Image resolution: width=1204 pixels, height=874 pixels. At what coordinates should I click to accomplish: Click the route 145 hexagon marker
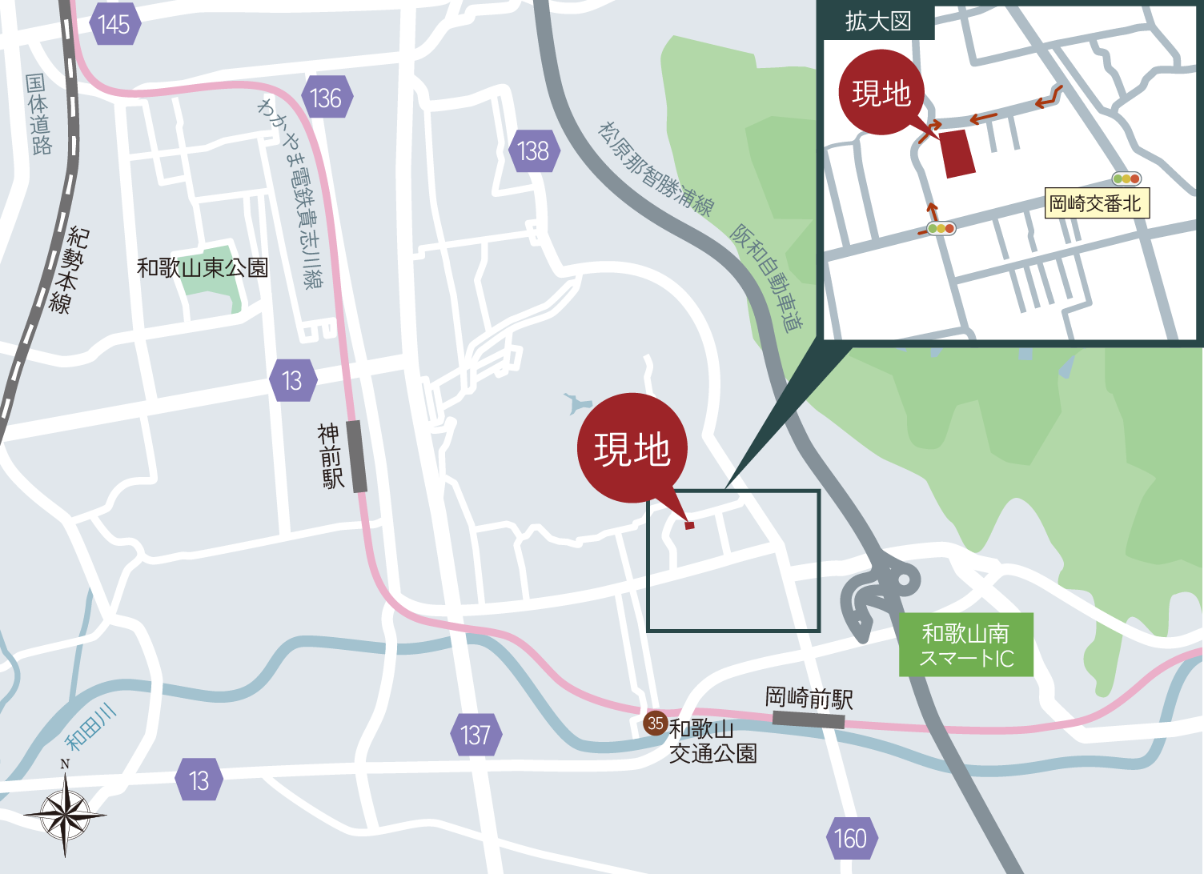114,25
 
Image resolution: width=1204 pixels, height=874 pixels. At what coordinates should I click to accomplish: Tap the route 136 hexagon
326,98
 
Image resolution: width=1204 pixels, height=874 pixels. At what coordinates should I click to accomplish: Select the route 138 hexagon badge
533,150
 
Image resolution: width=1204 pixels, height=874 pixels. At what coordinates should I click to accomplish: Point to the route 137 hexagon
476,735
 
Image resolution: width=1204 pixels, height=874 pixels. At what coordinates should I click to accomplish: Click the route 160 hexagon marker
850,838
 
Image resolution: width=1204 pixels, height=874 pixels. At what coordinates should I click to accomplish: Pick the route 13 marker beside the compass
199,780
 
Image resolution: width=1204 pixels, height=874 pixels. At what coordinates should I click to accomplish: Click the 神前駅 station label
330,456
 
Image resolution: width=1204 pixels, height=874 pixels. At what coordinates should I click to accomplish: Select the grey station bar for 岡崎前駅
809,720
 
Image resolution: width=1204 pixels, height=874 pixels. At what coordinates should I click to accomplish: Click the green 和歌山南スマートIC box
965,645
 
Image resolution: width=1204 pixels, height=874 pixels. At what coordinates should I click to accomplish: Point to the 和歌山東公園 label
202,267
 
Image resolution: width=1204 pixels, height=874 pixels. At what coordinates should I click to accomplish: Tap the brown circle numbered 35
656,724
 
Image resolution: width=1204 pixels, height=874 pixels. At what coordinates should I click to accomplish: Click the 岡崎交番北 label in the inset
1095,204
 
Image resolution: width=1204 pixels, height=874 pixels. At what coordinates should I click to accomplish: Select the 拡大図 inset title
878,22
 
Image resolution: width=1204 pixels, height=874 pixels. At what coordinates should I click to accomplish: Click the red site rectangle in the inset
957,154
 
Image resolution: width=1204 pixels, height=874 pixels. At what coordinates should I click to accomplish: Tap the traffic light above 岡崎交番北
1126,179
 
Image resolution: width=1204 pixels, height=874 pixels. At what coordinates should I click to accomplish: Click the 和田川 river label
90,728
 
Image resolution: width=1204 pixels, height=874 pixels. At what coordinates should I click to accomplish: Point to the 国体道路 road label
38,114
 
